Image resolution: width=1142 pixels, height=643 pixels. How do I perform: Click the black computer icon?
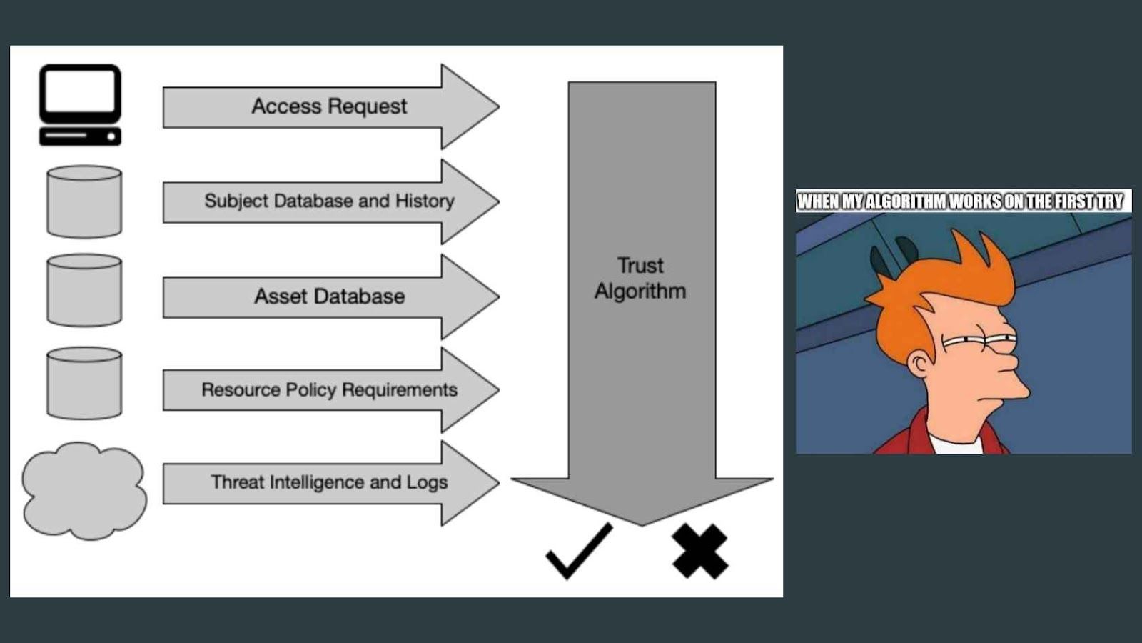tap(80, 104)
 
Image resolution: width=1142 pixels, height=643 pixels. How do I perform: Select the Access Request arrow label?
tap(329, 106)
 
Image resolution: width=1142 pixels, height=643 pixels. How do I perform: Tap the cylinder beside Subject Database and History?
tap(84, 201)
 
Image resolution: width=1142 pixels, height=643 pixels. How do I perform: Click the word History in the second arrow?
tap(425, 201)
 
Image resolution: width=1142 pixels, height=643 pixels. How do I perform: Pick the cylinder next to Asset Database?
tap(84, 290)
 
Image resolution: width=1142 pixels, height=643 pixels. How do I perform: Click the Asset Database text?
tap(329, 296)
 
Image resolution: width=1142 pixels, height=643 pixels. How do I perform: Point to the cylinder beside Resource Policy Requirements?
tap(84, 383)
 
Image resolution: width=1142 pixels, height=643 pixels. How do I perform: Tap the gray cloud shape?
tap(84, 490)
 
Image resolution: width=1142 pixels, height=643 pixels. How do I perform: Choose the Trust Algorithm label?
tap(640, 279)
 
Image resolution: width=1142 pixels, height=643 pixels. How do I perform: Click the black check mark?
tap(580, 551)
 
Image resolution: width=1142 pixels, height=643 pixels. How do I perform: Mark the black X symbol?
tap(699, 551)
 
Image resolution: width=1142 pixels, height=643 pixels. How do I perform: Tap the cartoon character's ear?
tap(921, 364)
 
